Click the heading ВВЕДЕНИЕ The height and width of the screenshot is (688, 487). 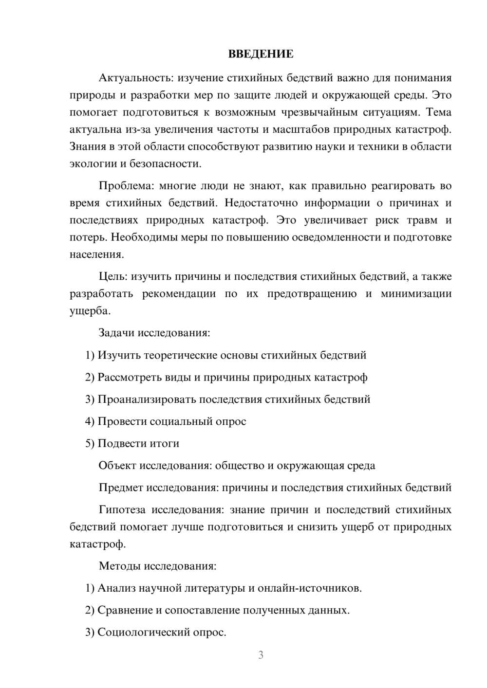(261, 54)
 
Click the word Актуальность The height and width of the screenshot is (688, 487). (135, 78)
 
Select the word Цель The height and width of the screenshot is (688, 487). (112, 277)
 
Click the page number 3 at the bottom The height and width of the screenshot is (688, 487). (261, 655)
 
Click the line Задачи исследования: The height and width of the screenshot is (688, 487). (154, 333)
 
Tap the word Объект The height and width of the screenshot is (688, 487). (117, 466)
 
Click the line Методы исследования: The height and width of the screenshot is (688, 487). (157, 566)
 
